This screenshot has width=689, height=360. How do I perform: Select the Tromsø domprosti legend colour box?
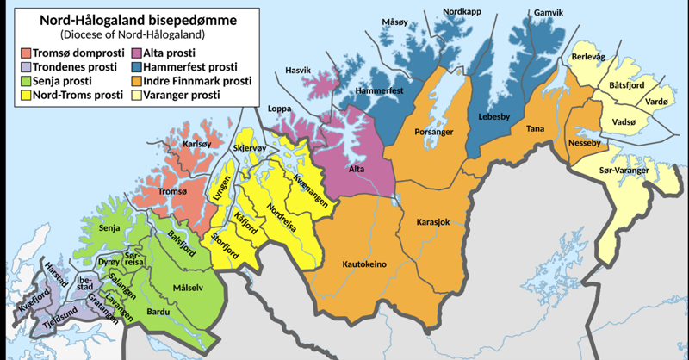(x=26, y=53)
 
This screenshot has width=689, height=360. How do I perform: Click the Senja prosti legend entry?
(x=64, y=82)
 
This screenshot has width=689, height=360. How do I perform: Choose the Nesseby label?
(x=584, y=141)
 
